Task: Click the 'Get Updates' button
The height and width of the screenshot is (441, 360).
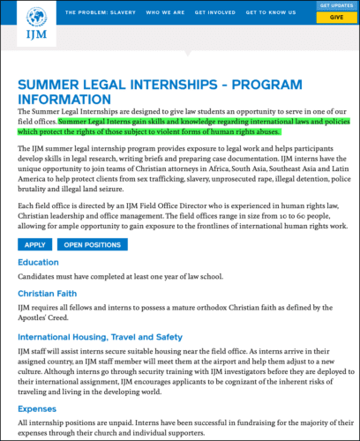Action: coord(336,6)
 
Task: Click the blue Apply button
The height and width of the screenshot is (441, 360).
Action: coord(34,244)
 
